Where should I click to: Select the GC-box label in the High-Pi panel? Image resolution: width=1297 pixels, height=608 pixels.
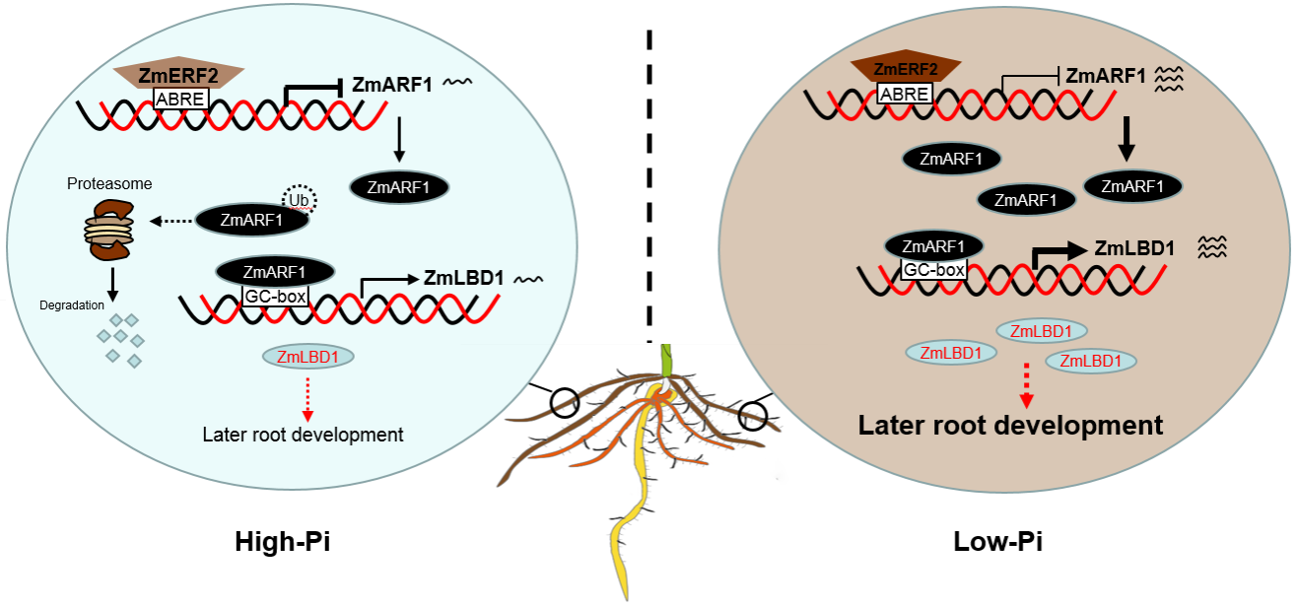[x=276, y=294]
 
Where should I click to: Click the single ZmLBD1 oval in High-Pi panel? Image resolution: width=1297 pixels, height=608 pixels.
[x=308, y=357]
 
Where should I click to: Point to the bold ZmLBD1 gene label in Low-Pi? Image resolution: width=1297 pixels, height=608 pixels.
[x=1134, y=248]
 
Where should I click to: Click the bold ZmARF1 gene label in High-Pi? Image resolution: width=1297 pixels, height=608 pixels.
[x=392, y=85]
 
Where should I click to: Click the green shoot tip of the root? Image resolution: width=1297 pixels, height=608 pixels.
[x=666, y=359]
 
